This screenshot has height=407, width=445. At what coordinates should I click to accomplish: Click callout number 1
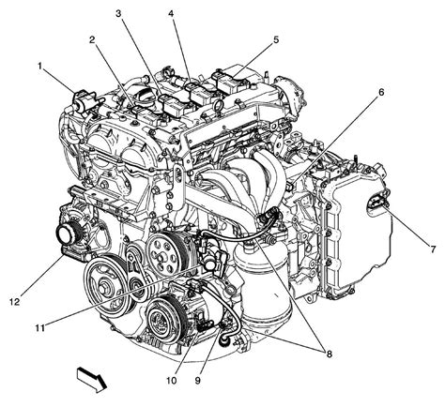click(40, 66)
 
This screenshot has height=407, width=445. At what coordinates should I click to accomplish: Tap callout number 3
click(119, 13)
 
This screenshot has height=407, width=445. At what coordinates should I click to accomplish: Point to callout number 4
click(171, 13)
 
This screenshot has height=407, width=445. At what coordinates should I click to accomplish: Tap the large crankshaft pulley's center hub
click(106, 279)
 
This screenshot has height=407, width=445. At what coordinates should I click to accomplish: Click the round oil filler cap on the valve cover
click(144, 94)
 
